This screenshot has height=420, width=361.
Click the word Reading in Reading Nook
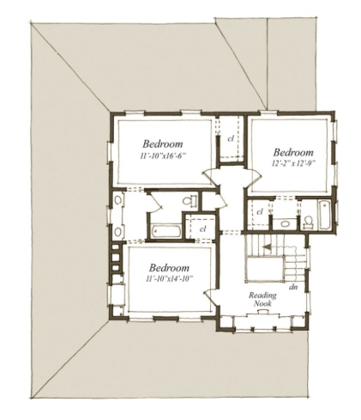[262, 295]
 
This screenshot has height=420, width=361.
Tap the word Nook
[262, 303]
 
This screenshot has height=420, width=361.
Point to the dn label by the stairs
[293, 287]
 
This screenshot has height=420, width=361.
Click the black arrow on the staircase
[267, 247]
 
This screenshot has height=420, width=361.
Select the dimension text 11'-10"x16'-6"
[163, 156]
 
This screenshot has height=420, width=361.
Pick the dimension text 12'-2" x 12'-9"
[293, 163]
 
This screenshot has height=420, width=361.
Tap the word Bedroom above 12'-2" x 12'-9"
[293, 152]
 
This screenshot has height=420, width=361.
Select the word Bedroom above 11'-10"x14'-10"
[169, 268]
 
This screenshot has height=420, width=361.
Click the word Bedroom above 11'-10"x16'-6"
[163, 143]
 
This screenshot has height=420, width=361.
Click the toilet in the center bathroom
[190, 200]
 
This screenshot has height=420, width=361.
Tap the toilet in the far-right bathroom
[308, 222]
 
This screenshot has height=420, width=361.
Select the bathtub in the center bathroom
[166, 231]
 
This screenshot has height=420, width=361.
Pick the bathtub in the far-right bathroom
[324, 215]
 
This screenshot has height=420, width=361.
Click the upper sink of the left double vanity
[117, 200]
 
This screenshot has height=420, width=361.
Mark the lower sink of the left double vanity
[117, 231]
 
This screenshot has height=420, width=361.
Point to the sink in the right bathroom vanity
[285, 223]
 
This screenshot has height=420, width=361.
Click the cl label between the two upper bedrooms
[231, 139]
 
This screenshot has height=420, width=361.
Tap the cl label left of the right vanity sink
[260, 212]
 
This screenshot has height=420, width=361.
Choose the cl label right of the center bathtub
[203, 228]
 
